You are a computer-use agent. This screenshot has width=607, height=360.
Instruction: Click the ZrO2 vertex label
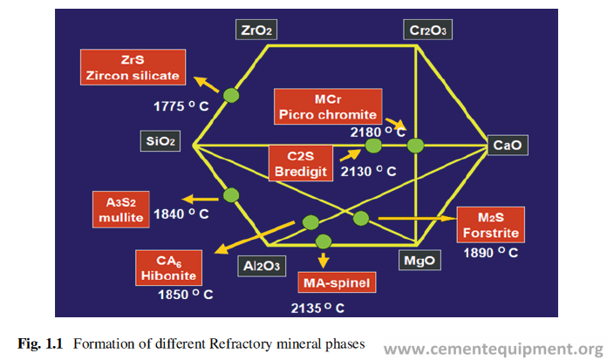[x=256, y=31]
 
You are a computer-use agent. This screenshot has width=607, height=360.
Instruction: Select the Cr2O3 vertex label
[x=427, y=31]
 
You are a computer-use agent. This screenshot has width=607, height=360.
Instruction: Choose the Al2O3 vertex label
[x=260, y=266]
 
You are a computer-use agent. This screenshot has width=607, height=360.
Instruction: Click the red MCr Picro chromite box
[x=327, y=105]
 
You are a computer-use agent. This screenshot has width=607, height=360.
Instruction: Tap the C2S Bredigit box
[x=299, y=163]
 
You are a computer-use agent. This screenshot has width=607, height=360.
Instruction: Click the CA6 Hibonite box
[x=169, y=268]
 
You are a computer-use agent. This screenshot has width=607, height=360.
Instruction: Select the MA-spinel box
[x=336, y=283]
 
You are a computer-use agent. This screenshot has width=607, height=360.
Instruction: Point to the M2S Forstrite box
[x=491, y=225]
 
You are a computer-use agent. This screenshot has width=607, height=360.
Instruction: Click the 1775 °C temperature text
[x=178, y=105]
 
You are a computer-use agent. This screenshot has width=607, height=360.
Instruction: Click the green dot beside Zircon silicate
[x=231, y=94]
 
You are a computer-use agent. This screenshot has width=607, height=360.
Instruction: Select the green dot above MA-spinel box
[x=324, y=241]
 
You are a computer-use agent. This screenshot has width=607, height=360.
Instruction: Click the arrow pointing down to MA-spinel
[x=324, y=259]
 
